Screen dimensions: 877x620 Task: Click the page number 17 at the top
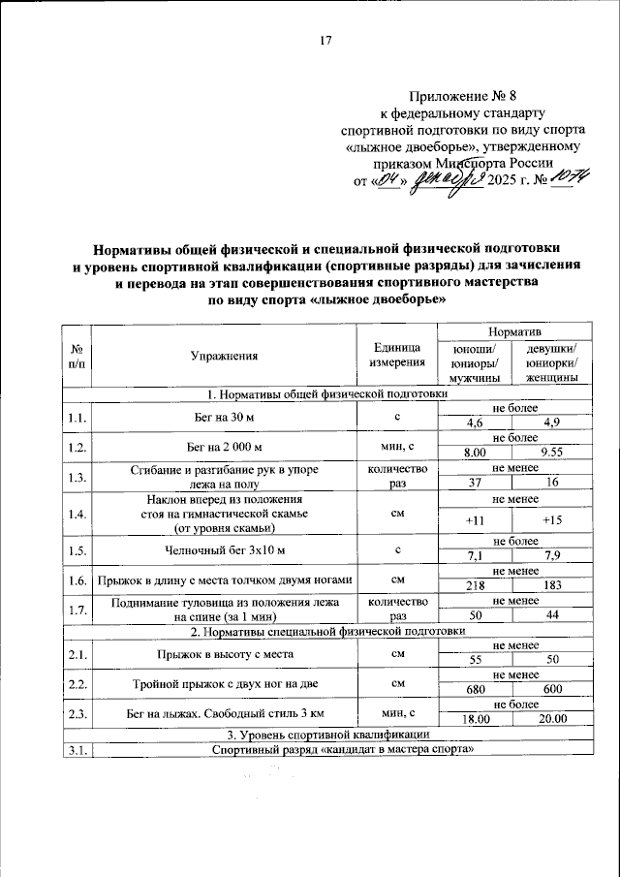pyautogui.click(x=325, y=40)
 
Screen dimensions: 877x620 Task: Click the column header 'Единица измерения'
pyautogui.click(x=397, y=356)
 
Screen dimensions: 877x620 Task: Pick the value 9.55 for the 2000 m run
pyautogui.click(x=552, y=453)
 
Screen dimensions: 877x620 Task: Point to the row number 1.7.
pyautogui.click(x=77, y=610)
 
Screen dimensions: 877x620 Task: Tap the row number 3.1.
pyautogui.click(x=77, y=748)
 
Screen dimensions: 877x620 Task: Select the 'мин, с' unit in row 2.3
pyautogui.click(x=397, y=712)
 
